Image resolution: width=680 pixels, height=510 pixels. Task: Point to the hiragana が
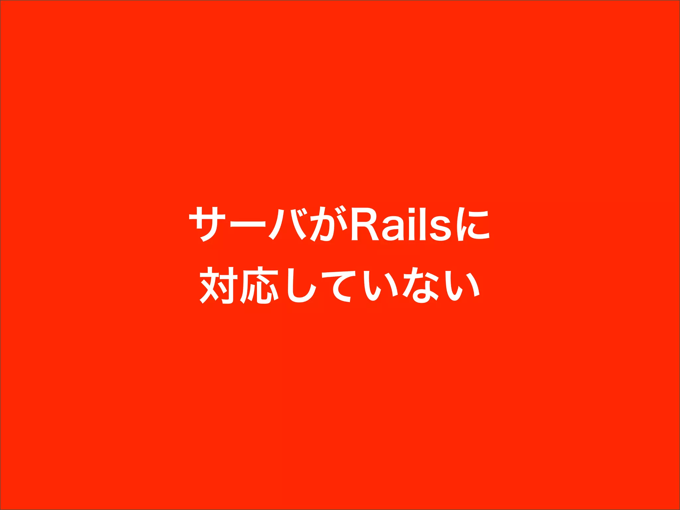327,224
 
